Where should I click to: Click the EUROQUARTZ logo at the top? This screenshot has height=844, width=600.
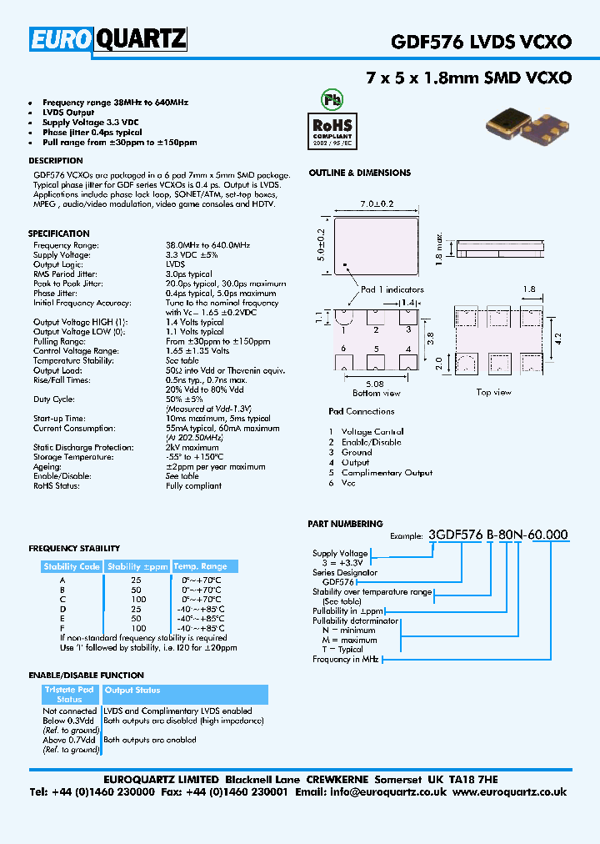tap(108, 39)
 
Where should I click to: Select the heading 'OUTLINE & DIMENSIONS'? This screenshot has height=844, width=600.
tap(359, 173)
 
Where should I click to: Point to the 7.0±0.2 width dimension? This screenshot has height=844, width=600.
tap(377, 203)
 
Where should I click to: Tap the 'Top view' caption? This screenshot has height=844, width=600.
tap(494, 392)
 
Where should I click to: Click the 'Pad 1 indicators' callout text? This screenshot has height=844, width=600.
tap(392, 289)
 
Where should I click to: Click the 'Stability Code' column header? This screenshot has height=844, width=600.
tap(72, 566)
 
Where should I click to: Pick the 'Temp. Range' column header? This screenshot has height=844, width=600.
tap(199, 566)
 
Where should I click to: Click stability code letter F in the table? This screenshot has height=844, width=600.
tap(62, 628)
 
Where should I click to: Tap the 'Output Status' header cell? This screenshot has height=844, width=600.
tap(132, 691)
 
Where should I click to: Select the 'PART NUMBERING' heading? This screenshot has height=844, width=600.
tap(345, 524)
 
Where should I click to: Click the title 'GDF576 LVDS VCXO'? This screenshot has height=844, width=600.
tap(481, 41)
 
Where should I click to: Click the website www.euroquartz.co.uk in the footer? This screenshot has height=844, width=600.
tap(510, 791)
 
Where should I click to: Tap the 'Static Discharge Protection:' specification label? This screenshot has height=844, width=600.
tap(83, 448)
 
